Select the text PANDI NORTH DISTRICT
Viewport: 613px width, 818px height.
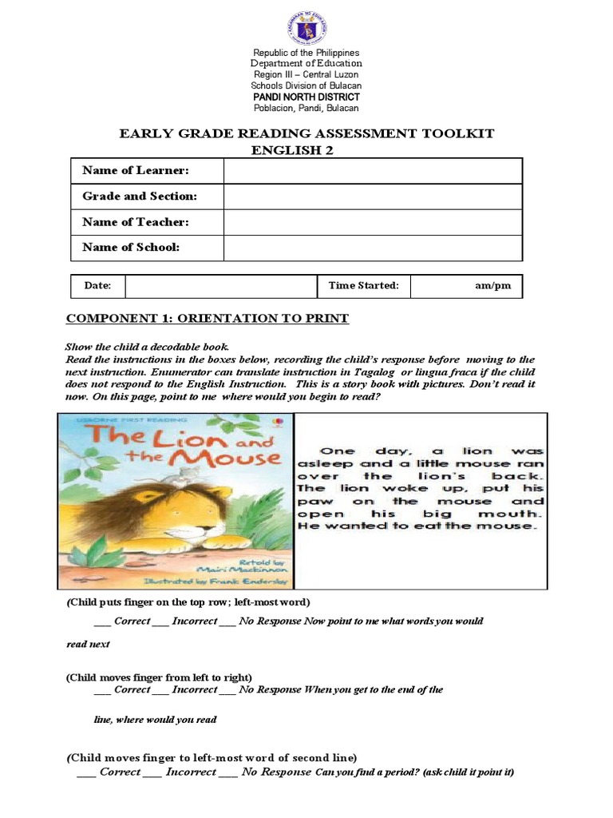coord(306,97)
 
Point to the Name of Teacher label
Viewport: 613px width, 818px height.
coord(136,222)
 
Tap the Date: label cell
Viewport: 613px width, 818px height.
coord(98,286)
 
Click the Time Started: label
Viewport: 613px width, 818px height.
coord(363,286)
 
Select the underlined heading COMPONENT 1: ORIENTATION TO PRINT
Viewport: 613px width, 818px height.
coord(208,319)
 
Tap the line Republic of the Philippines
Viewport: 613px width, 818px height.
coord(306,53)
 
